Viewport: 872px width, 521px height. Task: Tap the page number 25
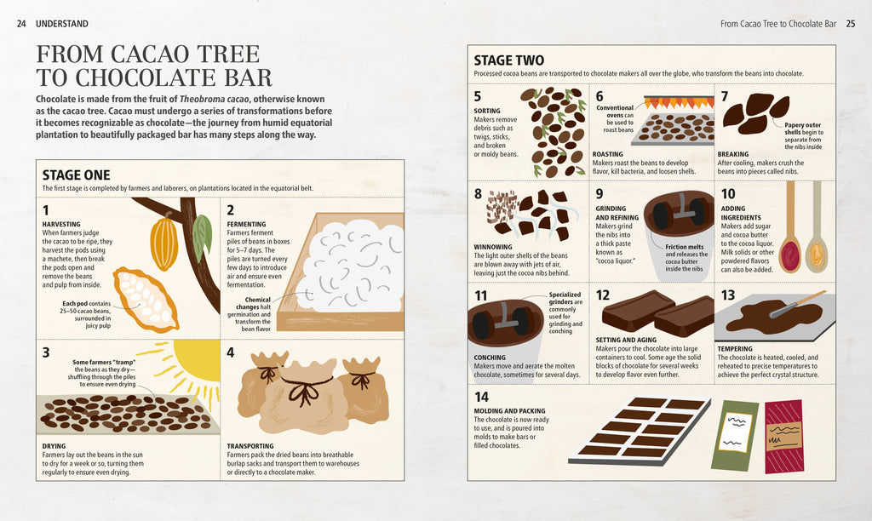pos(850,23)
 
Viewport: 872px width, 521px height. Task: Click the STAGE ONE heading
pos(76,175)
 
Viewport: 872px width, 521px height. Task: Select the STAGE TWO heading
pos(509,60)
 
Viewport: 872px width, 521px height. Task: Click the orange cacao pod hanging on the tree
pos(163,242)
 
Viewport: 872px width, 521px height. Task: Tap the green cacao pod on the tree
pos(201,238)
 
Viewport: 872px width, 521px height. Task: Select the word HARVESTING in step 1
pos(61,224)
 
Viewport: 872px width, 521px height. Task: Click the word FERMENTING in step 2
pos(248,224)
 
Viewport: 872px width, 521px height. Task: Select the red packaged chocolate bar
pos(783,435)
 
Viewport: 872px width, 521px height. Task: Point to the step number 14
pos(482,396)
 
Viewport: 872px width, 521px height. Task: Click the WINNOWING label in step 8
pos(495,248)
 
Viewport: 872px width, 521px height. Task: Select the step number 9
pos(599,194)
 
